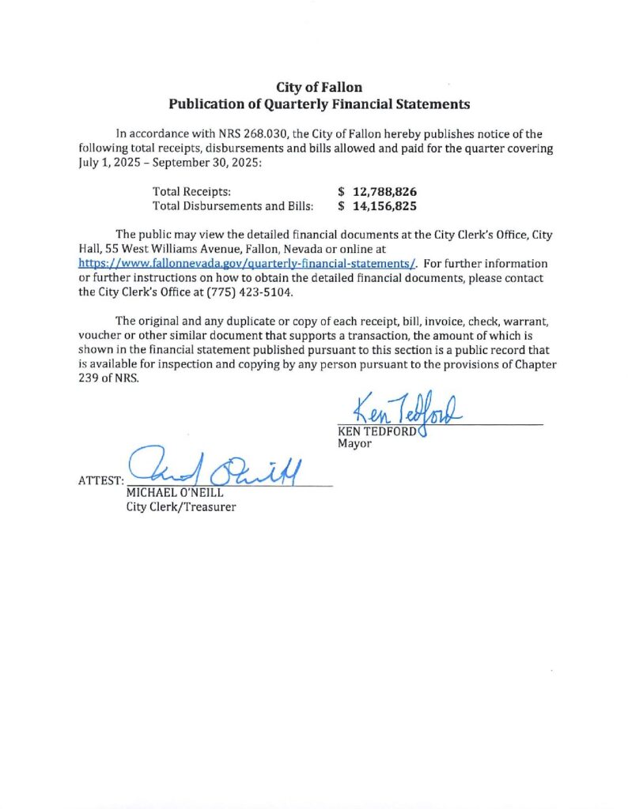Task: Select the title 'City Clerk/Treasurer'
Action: click(x=181, y=506)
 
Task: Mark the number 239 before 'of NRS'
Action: click(x=89, y=378)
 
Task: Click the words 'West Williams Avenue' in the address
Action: click(x=175, y=248)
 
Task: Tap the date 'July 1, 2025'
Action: click(x=108, y=163)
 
